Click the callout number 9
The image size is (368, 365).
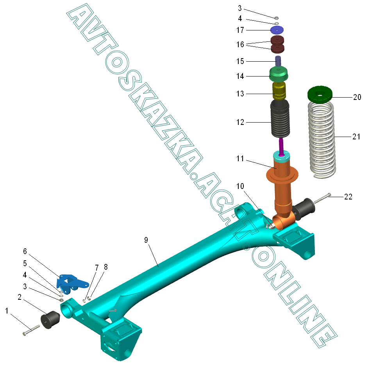tap(146, 240)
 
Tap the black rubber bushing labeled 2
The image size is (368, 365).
tap(50, 319)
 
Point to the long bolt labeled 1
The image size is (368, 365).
tap(31, 330)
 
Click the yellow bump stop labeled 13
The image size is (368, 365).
tap(279, 91)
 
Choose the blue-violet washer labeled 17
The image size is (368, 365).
tap(277, 30)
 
